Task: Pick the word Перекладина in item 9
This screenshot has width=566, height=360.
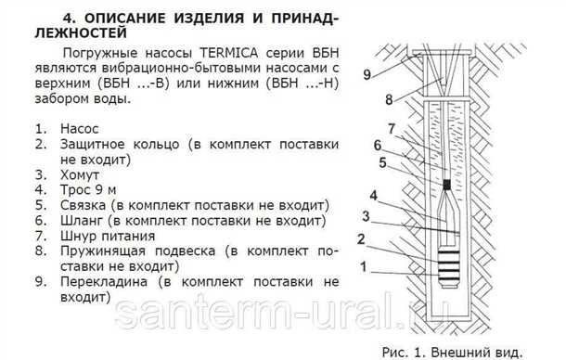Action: pyautogui.click(x=104, y=279)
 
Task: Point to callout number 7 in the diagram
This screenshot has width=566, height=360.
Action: pyautogui.click(x=392, y=128)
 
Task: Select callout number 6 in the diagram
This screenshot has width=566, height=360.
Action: pyautogui.click(x=378, y=144)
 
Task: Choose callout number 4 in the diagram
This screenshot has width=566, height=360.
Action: pyautogui.click(x=372, y=197)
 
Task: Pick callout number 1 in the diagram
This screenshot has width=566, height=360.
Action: pyautogui.click(x=366, y=264)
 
